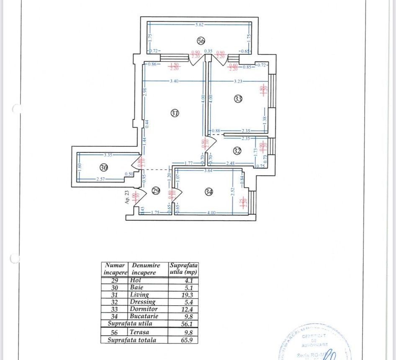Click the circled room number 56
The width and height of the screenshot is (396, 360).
[201, 41]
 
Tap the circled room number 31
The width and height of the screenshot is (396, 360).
[175, 112]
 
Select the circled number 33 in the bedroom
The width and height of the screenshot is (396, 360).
[238, 99]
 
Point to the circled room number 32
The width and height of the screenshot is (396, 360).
[237, 151]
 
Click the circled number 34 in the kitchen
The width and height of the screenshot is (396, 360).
[209, 191]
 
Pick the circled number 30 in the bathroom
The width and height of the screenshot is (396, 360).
[104, 167]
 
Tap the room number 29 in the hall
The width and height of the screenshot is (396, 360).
[156, 191]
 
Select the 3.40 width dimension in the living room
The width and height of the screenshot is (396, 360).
[173, 81]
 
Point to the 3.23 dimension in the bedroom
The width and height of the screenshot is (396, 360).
[238, 81]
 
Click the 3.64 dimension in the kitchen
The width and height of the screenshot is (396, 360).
[208, 170]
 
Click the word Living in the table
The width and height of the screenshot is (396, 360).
[139, 294]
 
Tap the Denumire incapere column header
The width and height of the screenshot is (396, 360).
[146, 268]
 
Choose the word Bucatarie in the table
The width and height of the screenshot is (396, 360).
[145, 316]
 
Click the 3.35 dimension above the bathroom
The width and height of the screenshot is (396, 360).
[97, 154]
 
